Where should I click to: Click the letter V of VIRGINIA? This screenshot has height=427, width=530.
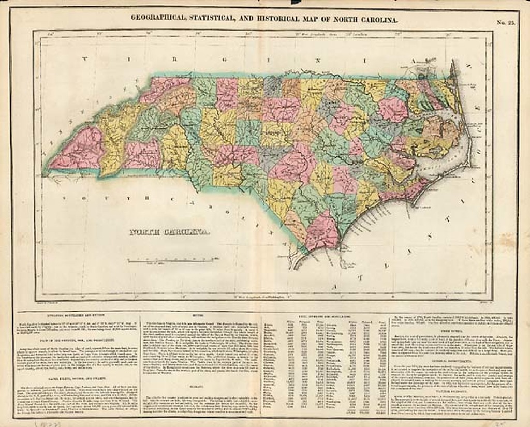coord(84,60)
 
